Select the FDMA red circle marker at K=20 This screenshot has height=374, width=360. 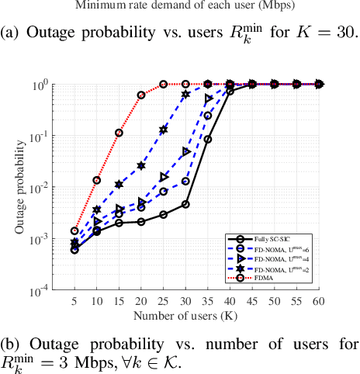coord(141,95)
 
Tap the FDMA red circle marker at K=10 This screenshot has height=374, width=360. coord(96,180)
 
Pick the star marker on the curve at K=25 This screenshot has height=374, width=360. coord(164,130)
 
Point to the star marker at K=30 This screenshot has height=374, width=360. coord(186,94)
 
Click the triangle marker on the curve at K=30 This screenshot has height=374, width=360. coord(186,151)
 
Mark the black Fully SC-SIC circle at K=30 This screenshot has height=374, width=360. coord(186,204)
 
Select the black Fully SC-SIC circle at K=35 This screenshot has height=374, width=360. coord(209,140)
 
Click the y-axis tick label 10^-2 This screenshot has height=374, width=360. coord(56,187)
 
